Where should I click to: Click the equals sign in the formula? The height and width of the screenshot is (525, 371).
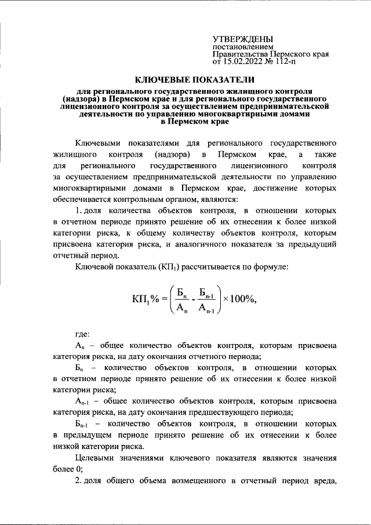click(x=164, y=299)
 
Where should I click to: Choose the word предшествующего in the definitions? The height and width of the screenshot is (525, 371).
click(x=224, y=413)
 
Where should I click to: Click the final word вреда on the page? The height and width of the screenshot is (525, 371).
click(x=326, y=483)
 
